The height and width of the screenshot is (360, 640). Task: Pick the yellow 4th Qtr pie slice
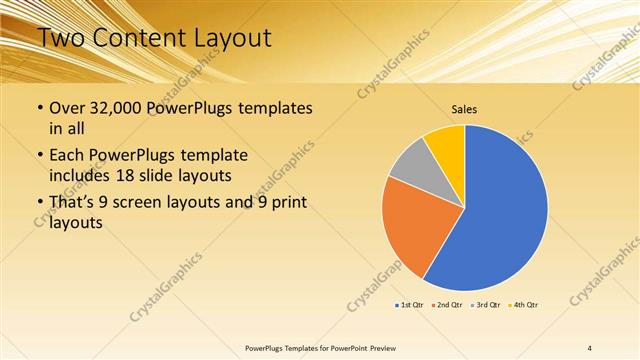[446, 144]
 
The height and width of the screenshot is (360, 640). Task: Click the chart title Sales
[464, 108]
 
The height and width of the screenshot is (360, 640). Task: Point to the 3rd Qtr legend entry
[487, 304]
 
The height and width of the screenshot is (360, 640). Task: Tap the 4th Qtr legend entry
[524, 304]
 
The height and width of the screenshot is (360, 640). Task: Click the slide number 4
[589, 347]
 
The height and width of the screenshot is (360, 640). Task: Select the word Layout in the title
[234, 39]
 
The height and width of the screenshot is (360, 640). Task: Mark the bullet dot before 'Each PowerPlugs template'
[39, 157]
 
